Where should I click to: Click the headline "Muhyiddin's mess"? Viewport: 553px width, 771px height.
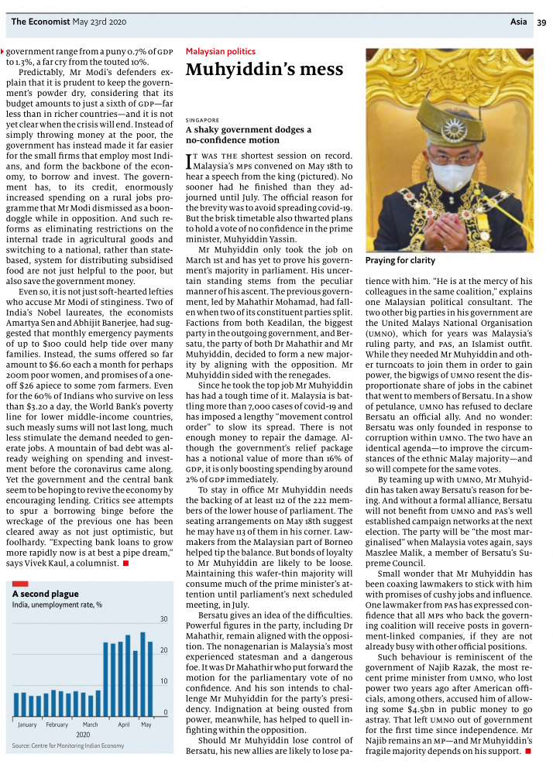264,70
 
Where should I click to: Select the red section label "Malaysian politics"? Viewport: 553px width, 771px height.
220,52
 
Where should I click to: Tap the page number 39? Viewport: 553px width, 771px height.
541,22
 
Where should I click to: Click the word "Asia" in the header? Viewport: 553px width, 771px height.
519,22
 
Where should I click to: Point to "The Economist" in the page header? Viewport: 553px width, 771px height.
39,22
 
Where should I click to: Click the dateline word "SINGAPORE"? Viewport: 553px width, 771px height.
203,121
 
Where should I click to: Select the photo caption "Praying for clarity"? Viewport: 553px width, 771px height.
400,261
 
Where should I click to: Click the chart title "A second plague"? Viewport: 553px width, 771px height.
45,594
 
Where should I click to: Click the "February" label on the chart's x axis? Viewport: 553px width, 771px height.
57,725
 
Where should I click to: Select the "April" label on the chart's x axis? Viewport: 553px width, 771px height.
124,725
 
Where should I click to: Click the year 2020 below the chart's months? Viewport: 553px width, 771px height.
84,734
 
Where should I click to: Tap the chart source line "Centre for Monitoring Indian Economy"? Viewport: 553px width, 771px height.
77,745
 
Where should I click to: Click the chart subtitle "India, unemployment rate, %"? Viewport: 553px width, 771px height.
57,605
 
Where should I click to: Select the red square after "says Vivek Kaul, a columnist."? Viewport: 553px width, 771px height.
125,564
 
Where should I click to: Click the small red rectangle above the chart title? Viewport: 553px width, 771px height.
20,582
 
